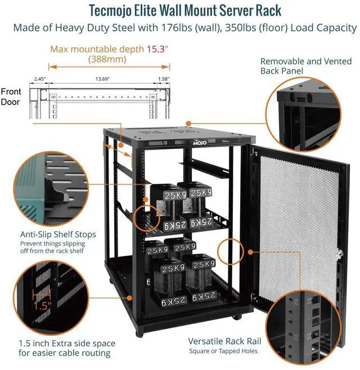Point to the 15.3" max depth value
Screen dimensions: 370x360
[159, 49]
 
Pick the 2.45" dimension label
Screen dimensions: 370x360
[39, 79]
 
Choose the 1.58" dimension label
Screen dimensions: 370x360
[163, 79]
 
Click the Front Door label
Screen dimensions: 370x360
[11, 97]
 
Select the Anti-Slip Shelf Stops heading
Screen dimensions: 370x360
[58, 234]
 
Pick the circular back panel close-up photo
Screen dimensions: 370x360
[310, 116]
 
